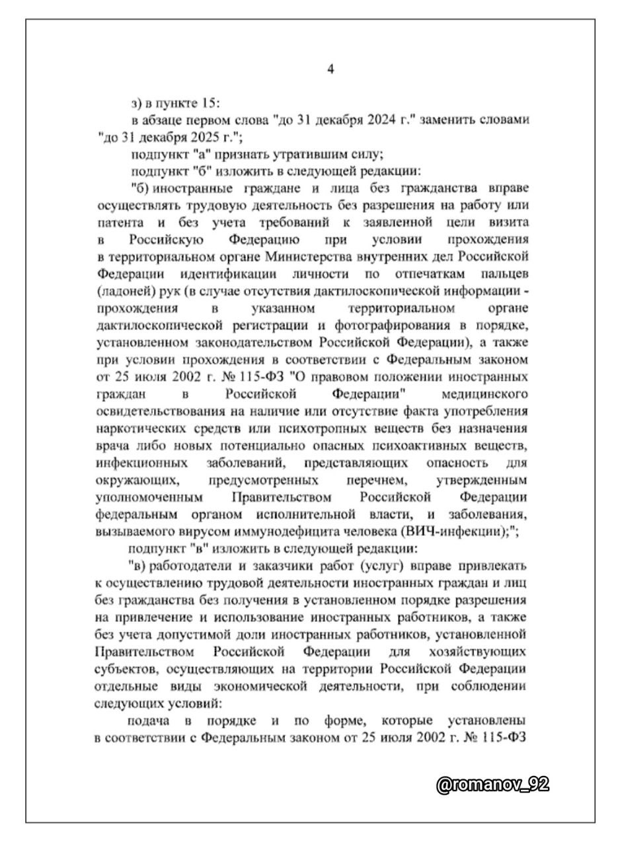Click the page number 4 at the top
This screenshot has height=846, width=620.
click(x=330, y=69)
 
